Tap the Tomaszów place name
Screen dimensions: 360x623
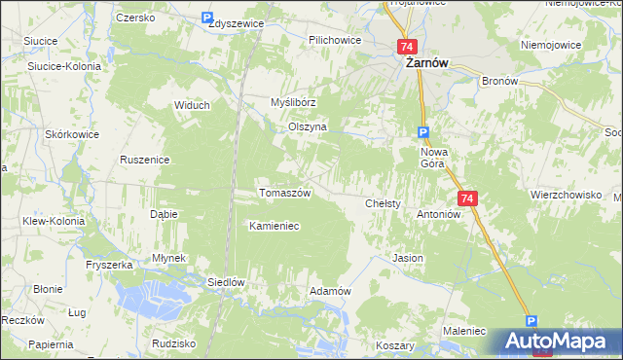tap(284, 193)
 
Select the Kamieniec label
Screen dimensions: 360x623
tap(274, 226)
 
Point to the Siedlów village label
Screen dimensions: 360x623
tap(225, 282)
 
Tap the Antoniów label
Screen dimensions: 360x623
tap(437, 214)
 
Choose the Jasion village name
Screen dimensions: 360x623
tap(407, 259)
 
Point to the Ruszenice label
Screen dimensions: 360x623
tap(145, 159)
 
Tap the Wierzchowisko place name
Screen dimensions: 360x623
tap(566, 195)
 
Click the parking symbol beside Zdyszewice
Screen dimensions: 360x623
tap(207, 18)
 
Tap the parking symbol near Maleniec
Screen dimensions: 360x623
tap(531, 320)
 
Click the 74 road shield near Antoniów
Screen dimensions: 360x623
tap(468, 198)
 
